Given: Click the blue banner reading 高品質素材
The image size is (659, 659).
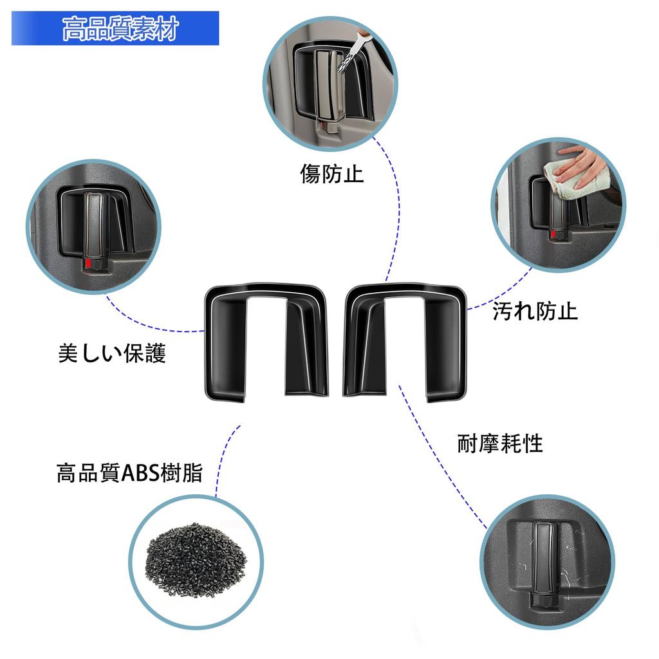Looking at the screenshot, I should (116, 28).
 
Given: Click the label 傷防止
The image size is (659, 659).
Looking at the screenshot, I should (331, 173).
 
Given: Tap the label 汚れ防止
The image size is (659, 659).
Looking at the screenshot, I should (535, 311).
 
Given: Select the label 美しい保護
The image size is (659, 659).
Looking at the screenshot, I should (112, 353).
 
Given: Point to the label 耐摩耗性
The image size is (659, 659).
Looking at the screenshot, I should (499, 443).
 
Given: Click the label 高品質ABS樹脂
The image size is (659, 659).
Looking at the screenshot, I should (129, 474).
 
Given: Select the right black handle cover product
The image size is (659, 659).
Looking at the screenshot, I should (405, 341).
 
